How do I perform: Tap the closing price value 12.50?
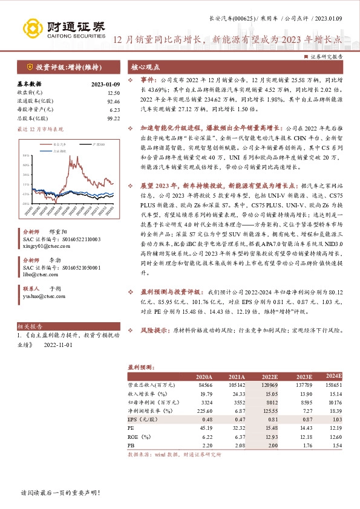pyautogui.click(x=114, y=93)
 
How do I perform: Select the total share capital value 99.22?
pyautogui.click(x=114, y=119)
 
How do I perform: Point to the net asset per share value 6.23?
pyautogui.click(x=115, y=110)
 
